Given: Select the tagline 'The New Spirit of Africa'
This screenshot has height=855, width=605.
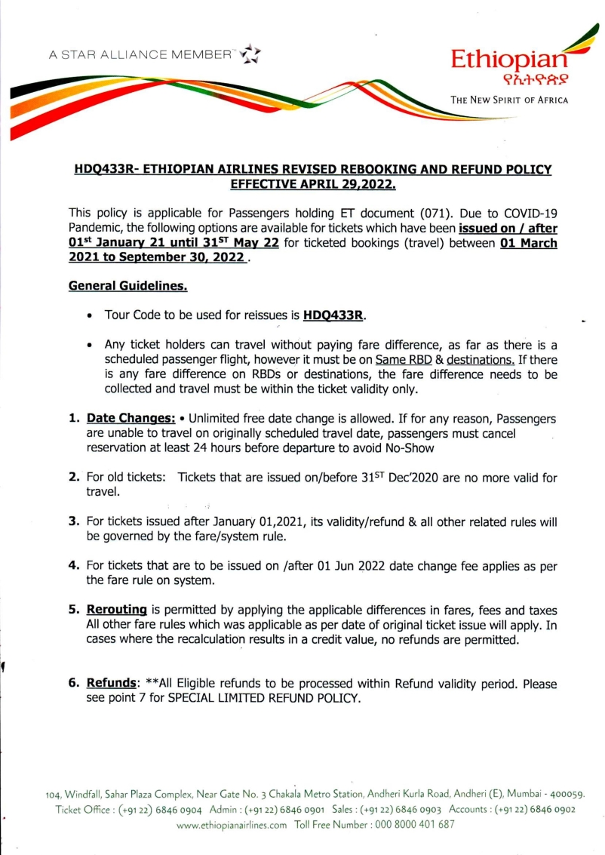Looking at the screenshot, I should (509, 100).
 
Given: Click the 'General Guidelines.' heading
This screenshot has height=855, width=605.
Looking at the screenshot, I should (128, 287).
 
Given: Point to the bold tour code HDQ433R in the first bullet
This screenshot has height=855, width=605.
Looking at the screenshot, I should (328, 314).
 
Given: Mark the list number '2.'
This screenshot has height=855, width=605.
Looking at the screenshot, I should (74, 477).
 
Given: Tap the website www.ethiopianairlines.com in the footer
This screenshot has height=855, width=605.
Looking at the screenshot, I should (232, 825).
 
